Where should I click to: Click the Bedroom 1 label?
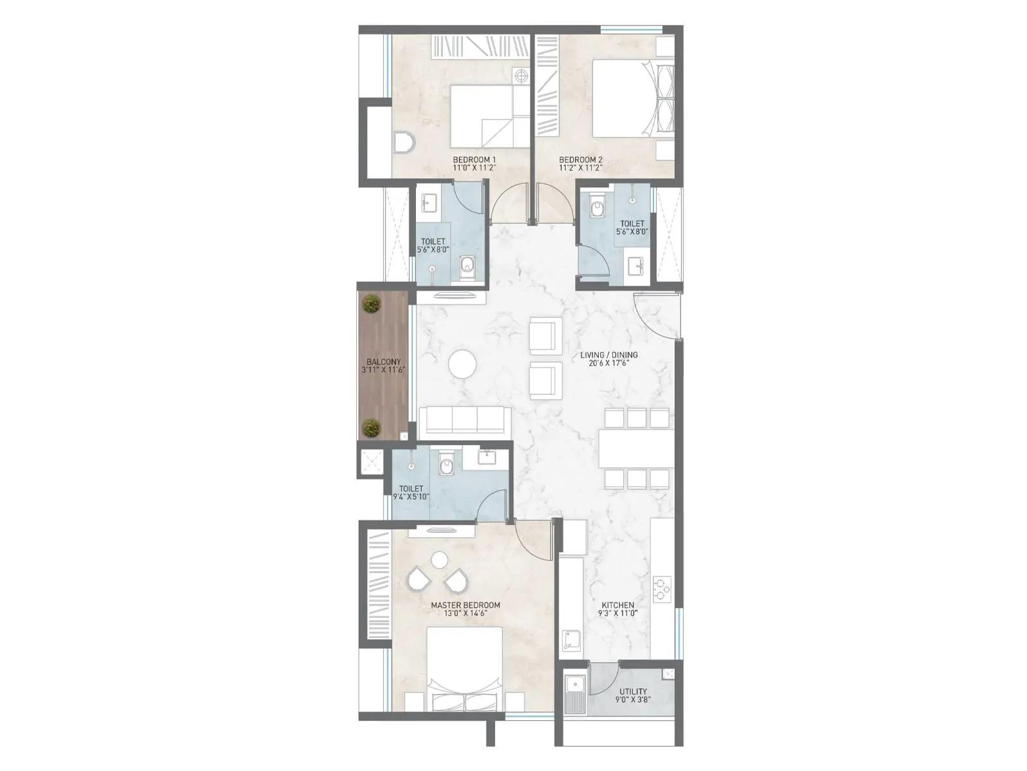[x=474, y=159]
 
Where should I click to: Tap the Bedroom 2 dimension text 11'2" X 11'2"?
[x=580, y=168]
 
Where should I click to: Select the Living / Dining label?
[x=608, y=355]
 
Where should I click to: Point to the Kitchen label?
[x=617, y=605]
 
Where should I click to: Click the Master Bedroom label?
[x=465, y=605]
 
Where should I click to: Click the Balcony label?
[x=384, y=362]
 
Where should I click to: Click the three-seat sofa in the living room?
[x=465, y=420]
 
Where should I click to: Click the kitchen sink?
[x=571, y=640]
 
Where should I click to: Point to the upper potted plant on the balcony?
[x=370, y=303]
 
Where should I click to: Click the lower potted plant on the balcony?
[x=370, y=427]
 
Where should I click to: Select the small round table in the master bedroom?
[x=440, y=560]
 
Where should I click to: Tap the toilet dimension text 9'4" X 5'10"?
[x=411, y=497]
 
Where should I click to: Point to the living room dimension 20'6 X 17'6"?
[x=608, y=363]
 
